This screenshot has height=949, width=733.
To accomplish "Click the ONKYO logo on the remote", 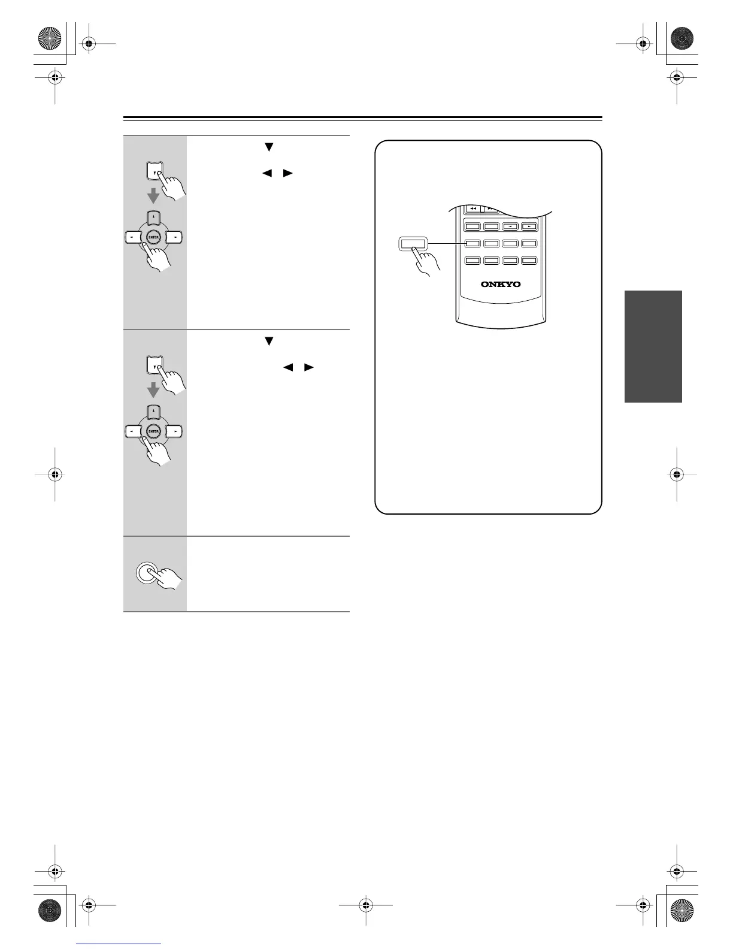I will pos(501,284).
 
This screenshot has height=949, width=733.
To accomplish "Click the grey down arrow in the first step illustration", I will pos(153,195).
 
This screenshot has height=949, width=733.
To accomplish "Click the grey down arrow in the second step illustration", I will pos(153,390).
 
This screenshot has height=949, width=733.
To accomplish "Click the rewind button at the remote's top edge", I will pos(473,208).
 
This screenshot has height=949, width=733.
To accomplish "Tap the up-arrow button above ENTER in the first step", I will pos(154,217).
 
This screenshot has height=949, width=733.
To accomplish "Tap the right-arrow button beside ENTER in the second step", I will pos(174,431).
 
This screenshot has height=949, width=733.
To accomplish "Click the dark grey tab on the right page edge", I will pos(653,346).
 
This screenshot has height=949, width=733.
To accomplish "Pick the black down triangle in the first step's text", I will pos(269,147).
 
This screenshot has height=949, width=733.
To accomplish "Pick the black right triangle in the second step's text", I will pos(309,367).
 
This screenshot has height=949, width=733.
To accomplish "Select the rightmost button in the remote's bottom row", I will pos(529,261).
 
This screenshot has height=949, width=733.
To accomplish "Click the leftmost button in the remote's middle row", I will pos(473,244).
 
